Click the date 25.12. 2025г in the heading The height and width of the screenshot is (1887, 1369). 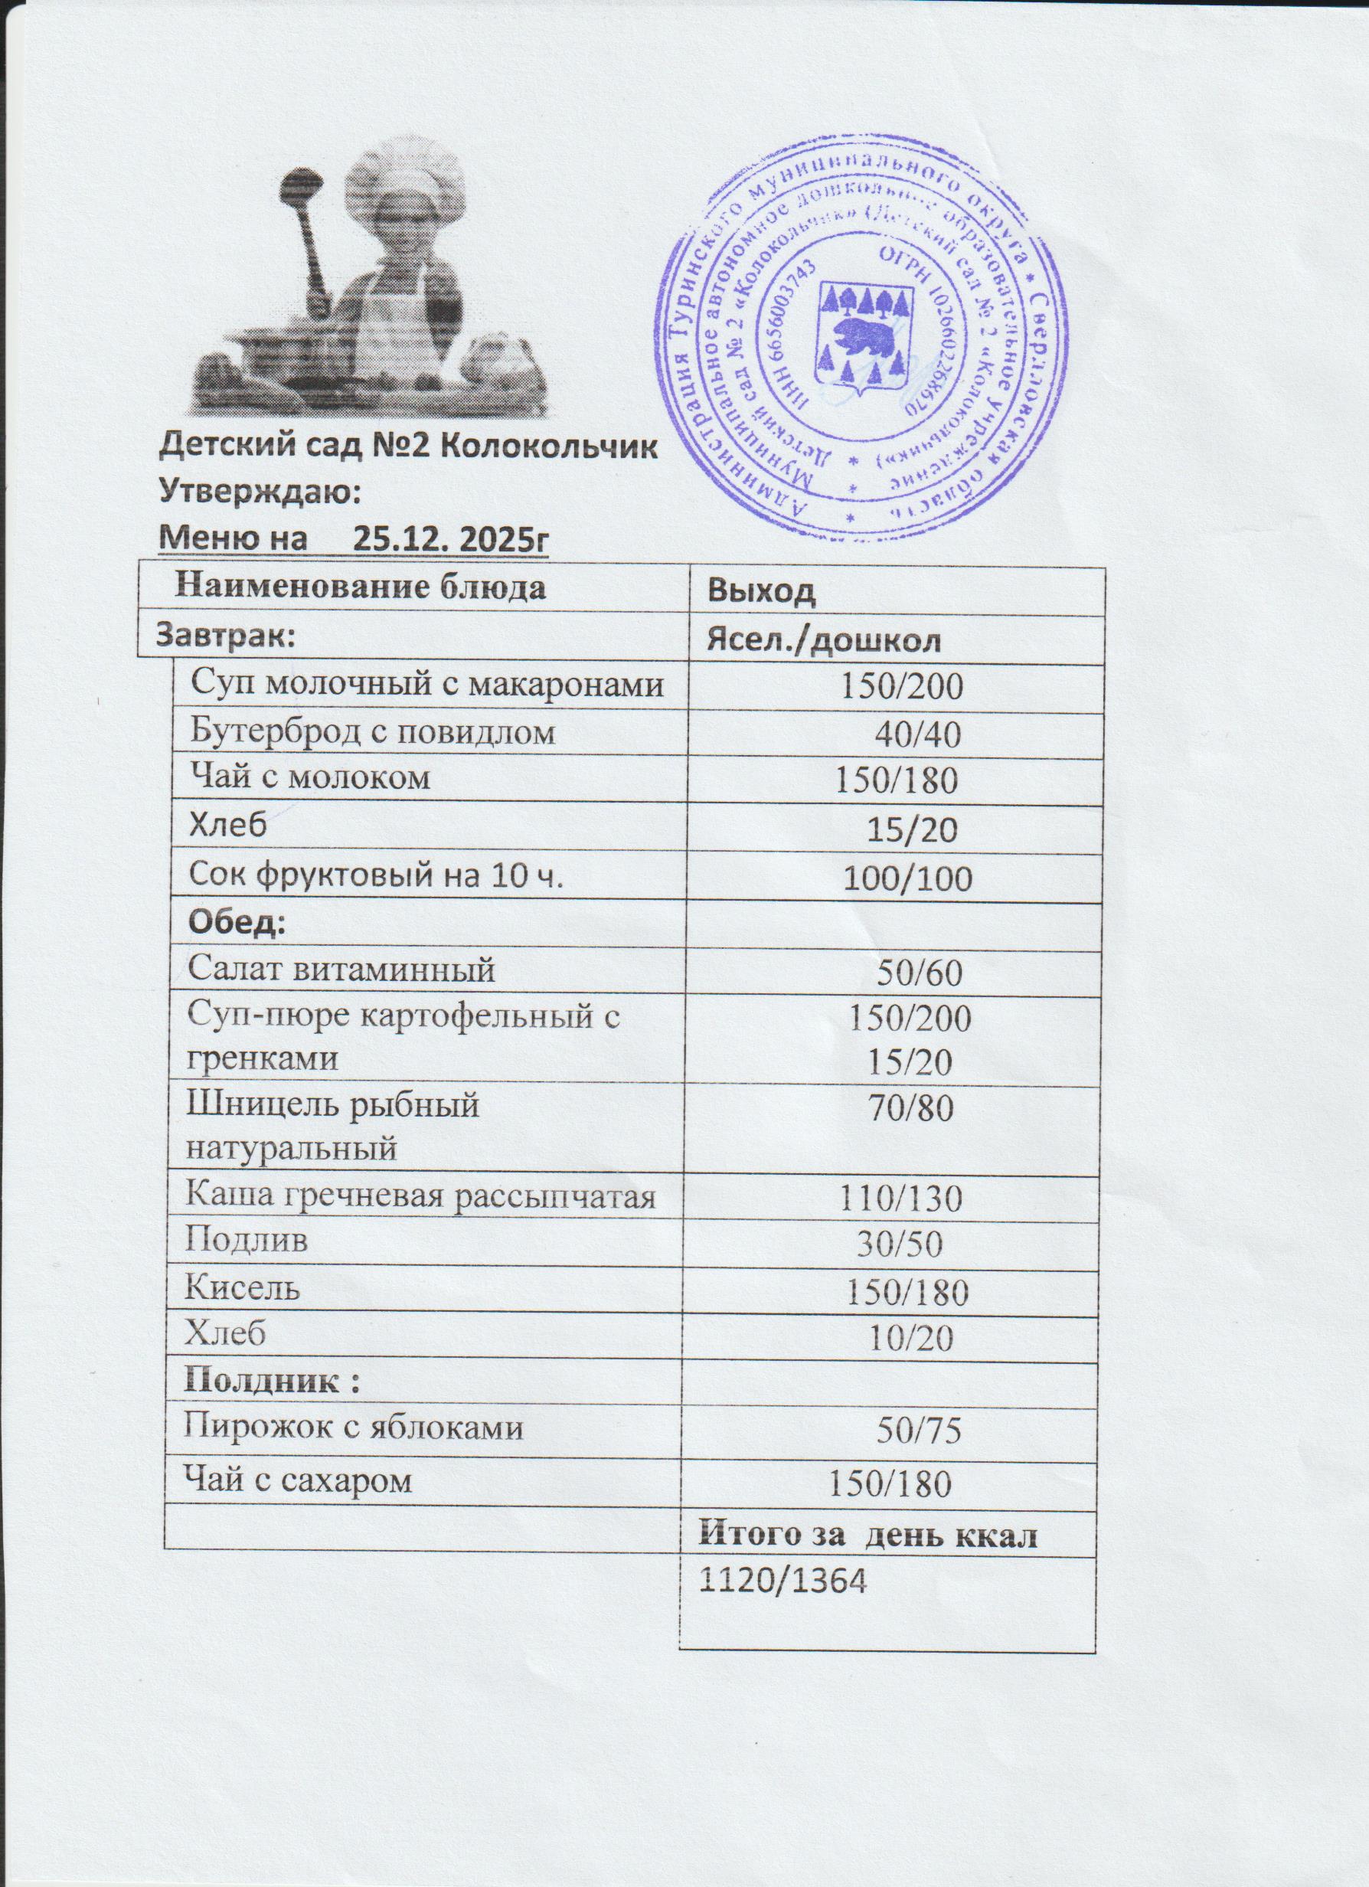pos(452,541)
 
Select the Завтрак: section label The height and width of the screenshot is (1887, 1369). pos(226,636)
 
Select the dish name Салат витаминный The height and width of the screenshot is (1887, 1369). pos(341,970)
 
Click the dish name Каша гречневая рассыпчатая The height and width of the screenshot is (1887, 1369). pos(420,1197)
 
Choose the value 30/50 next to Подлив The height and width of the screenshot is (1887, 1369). pos(900,1242)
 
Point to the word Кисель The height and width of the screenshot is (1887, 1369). pos(242,1289)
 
